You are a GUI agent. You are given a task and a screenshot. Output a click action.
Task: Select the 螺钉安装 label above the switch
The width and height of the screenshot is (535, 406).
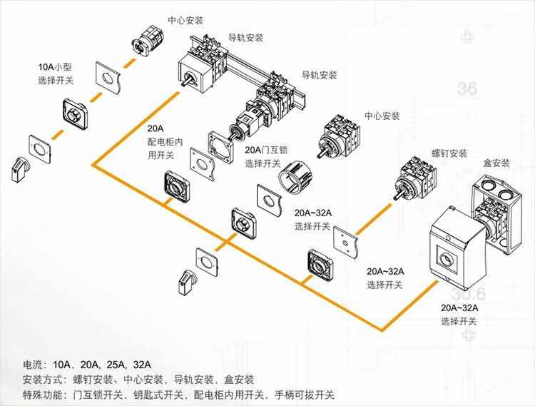tap(449, 153)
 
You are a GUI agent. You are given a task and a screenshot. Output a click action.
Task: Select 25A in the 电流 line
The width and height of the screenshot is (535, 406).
tap(114, 363)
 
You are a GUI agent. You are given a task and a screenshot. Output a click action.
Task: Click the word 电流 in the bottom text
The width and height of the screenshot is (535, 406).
tap(33, 363)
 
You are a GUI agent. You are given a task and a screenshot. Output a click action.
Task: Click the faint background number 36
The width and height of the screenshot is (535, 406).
tap(468, 89)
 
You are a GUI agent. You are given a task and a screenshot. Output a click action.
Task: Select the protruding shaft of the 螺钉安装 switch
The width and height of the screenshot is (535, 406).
tap(394, 192)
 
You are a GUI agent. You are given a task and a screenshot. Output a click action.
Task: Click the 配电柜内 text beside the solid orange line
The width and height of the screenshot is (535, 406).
tap(165, 141)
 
